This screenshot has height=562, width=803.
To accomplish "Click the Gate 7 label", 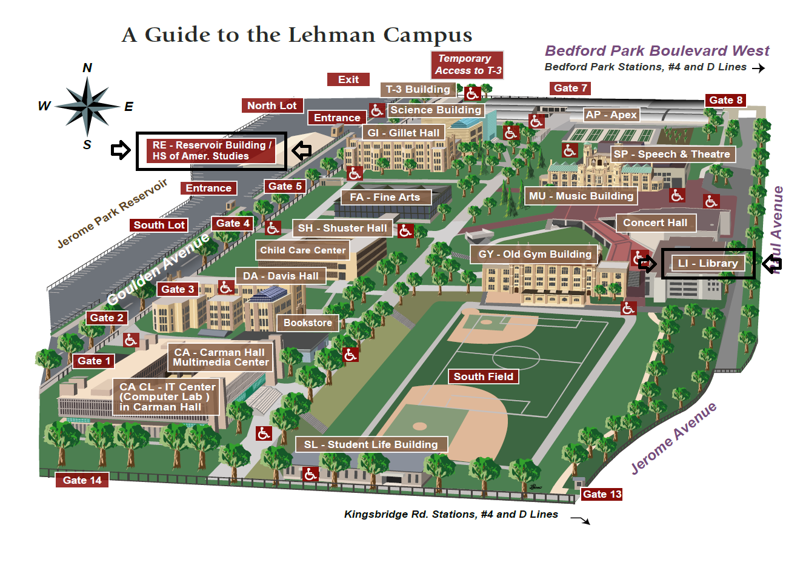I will coord(570,88).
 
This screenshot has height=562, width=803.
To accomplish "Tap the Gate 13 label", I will coord(602,494).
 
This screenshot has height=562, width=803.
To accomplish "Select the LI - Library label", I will coord(708,263).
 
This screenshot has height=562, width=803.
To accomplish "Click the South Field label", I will coord(483,376).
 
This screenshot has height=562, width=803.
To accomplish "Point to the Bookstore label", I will coord(308,323).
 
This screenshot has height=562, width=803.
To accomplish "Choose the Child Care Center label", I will coord(302,250).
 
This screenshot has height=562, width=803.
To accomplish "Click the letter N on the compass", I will coord(87,68).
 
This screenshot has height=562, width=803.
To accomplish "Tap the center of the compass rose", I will coord(88,106).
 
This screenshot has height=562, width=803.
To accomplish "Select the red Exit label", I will coord(348,79).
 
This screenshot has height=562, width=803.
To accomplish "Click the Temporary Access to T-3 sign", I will coord(467,64).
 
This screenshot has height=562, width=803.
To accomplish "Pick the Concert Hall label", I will coord(655,222).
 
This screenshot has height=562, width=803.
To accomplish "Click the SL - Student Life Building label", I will coord(371,444).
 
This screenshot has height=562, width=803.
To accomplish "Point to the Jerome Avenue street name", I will coord(673,438).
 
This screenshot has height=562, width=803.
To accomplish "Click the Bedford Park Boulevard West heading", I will coord(656,51).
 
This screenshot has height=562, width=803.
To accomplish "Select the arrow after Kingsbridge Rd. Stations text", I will coord(581,520).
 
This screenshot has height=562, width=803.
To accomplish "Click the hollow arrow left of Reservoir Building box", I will coord(121,150).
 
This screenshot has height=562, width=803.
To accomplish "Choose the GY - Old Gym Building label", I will coord(535,254).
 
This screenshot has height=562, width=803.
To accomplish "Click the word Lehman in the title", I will coord(332,35).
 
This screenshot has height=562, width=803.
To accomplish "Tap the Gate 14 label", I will coord(82,480).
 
